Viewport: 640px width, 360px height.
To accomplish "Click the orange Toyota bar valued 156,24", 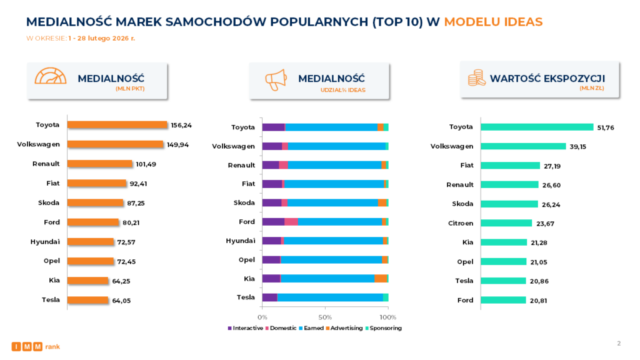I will click(117, 125).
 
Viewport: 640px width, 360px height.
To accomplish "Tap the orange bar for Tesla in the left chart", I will click(87, 300).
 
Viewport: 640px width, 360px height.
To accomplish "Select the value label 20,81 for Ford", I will click(539, 301).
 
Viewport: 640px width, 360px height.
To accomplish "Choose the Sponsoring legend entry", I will click(384, 328).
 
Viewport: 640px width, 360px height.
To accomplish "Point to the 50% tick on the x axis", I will click(325, 317).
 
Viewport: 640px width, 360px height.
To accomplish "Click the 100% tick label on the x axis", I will click(387, 317).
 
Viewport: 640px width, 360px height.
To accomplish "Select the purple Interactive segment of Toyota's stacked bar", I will click(273, 127).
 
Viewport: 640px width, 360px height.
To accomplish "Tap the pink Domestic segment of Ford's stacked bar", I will click(291, 222).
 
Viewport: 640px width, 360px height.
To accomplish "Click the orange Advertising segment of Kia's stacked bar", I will click(381, 279).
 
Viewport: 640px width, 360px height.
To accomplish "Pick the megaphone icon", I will click(276, 79).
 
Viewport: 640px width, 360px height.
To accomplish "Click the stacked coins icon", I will click(476, 78).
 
